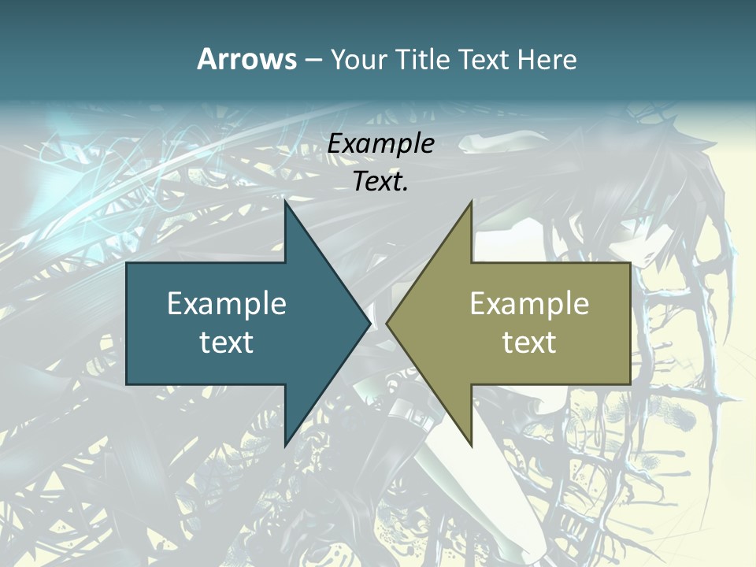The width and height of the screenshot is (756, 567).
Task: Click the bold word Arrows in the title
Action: (246, 59)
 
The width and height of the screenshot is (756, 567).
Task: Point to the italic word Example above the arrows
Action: (380, 144)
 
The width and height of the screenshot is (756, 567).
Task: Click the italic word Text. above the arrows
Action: (380, 182)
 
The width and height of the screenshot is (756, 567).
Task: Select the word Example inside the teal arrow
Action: (227, 304)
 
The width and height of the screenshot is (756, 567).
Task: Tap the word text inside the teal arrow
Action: (227, 342)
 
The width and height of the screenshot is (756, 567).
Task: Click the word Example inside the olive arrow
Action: (529, 304)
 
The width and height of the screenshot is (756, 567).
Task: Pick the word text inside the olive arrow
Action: (529, 342)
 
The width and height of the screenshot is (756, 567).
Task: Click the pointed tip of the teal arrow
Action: (369, 323)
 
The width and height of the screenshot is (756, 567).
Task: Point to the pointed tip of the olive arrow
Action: (387, 323)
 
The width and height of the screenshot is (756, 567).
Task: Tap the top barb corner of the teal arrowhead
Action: (286, 202)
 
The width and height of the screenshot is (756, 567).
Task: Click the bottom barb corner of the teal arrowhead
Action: (286, 445)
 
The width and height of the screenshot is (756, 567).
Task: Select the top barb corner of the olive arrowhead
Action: (471, 202)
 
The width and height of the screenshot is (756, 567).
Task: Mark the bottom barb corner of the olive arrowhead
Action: (471, 445)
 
